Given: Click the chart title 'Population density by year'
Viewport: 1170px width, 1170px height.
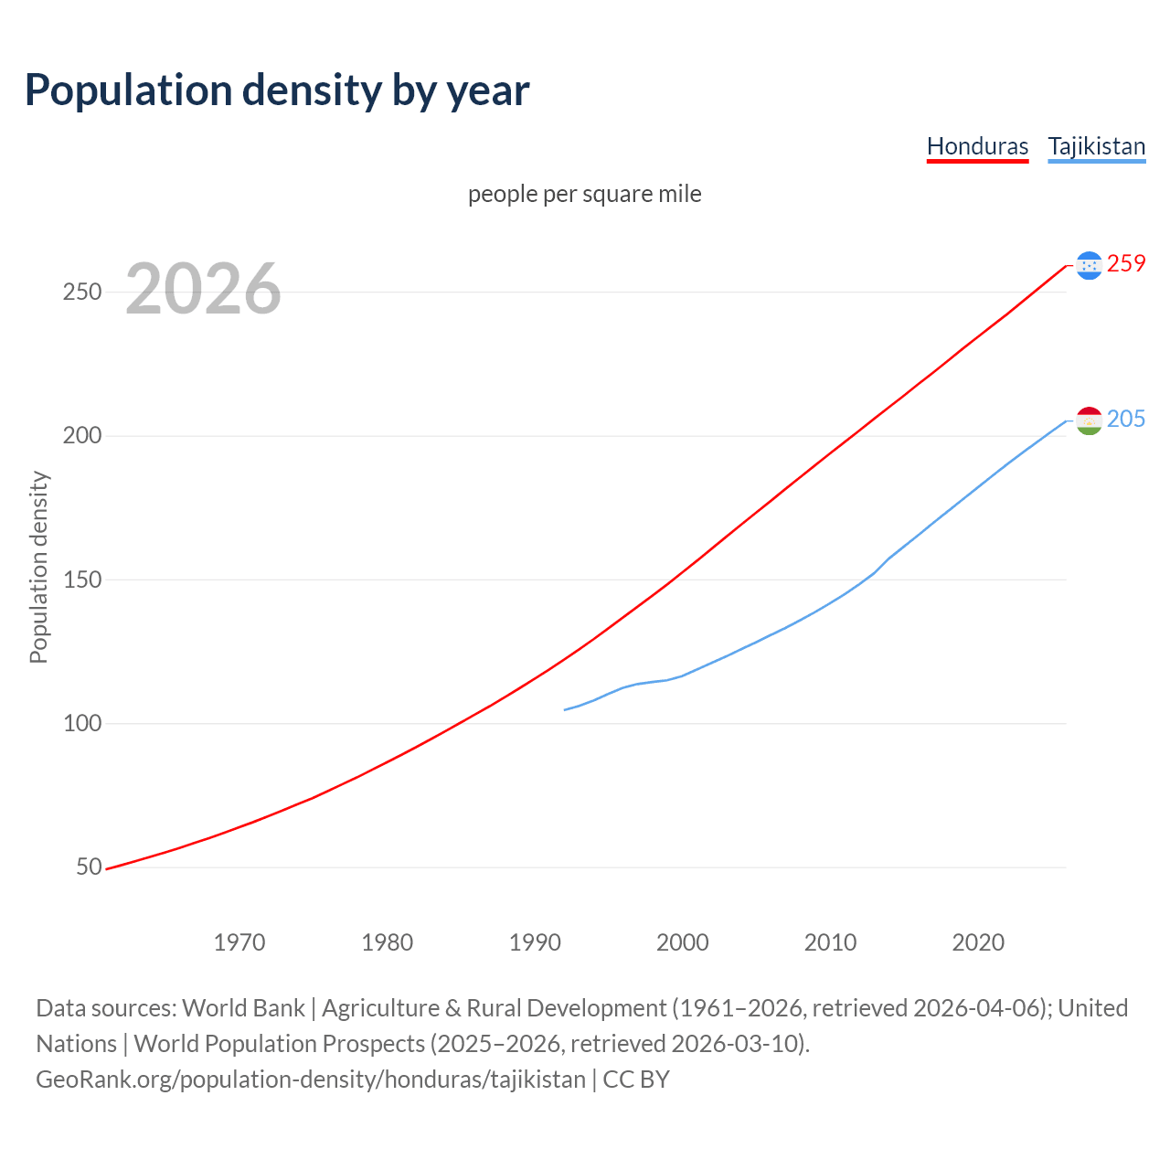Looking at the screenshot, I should point(277,90).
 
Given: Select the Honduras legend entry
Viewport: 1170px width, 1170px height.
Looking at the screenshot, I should point(977,146).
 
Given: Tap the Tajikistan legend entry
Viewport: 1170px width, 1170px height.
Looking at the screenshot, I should point(1096,146).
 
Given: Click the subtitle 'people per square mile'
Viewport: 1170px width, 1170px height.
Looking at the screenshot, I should point(584,194).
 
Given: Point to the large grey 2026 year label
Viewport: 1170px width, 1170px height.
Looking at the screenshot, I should point(203,289).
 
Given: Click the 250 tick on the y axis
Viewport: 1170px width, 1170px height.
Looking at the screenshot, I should point(81,292).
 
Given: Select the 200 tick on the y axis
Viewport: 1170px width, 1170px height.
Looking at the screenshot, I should point(81,436).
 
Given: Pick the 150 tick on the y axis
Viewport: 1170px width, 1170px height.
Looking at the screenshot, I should point(81,580).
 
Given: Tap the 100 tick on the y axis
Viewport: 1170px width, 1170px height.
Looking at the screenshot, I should point(81,723).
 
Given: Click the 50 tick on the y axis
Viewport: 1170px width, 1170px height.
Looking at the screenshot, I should point(89,867).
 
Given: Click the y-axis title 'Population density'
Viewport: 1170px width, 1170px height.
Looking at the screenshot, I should point(38,567).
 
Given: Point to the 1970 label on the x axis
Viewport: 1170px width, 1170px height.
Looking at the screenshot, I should point(239,941).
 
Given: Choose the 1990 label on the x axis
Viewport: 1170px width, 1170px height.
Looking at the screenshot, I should point(535,941).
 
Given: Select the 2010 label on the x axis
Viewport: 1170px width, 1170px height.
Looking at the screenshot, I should point(830,941).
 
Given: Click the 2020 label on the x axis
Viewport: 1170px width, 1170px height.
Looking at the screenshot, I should point(978,941).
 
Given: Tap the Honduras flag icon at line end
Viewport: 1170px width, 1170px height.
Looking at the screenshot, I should point(1089,265).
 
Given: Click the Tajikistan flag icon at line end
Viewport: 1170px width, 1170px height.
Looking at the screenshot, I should point(1089,420).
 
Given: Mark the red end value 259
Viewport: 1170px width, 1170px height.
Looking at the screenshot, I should point(1126,264).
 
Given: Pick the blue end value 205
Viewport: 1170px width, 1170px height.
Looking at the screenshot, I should point(1126,420).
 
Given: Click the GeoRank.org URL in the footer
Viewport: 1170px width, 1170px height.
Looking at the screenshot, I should point(311,1080).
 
